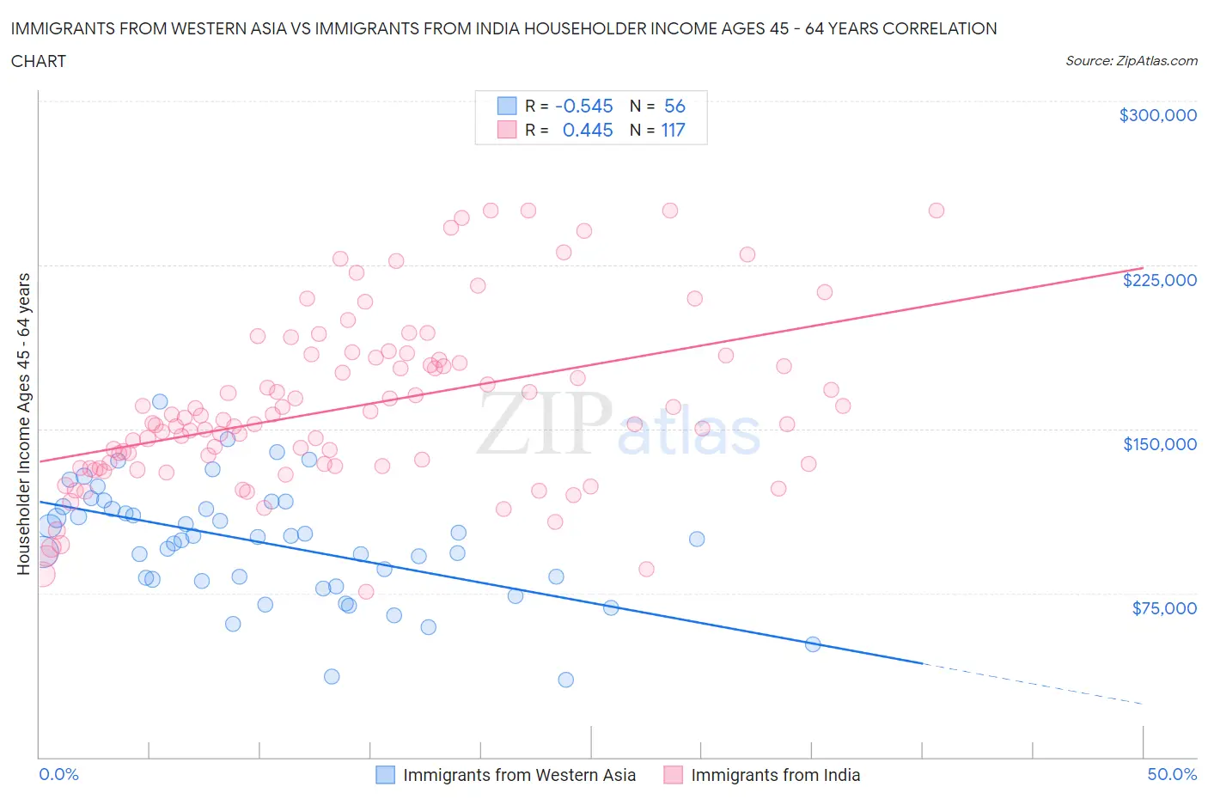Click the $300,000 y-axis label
(x=1157, y=115)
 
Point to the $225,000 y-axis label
(x=1159, y=280)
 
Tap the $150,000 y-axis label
(x=1159, y=444)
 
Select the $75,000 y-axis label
(x=1164, y=608)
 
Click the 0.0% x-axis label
(x=58, y=774)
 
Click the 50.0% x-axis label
(x=1172, y=774)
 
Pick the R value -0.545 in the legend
(x=584, y=106)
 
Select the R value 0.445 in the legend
(x=588, y=130)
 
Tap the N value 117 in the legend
(x=673, y=130)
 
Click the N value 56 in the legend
(x=674, y=106)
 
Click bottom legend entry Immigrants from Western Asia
(x=519, y=775)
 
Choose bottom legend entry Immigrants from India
(x=775, y=775)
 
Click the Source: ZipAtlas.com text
(x=1131, y=60)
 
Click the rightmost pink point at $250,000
(x=937, y=210)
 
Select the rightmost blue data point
(x=813, y=644)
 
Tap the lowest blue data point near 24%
(x=565, y=680)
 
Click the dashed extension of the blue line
(x=1031, y=684)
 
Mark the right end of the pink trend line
(x=1142, y=267)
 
